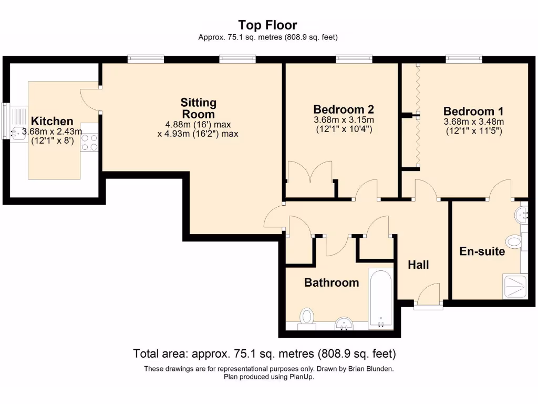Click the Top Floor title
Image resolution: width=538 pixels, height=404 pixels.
click(x=267, y=25)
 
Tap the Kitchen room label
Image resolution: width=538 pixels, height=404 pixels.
click(x=52, y=121)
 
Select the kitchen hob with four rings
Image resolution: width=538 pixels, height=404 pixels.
click(x=89, y=143)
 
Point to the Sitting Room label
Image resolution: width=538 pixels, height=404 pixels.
click(x=198, y=108)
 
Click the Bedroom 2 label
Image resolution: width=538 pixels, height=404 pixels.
click(x=344, y=109)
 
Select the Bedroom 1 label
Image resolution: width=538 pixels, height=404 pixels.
click(x=473, y=111)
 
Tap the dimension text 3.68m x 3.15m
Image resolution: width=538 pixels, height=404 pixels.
click(x=344, y=120)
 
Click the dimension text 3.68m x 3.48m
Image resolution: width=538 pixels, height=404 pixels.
click(x=474, y=122)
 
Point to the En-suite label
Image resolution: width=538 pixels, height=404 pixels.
click(x=482, y=251)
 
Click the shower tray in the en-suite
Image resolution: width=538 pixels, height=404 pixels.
click(x=515, y=286)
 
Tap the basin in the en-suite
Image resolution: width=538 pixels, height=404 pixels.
click(x=521, y=215)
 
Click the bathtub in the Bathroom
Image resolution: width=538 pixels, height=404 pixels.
click(x=380, y=299)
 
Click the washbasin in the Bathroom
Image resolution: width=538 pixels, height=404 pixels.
click(x=344, y=324)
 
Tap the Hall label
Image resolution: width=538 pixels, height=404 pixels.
click(x=418, y=265)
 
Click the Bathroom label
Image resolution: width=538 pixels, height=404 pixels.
click(x=332, y=282)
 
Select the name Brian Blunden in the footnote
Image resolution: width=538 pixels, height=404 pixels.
click(x=370, y=369)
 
